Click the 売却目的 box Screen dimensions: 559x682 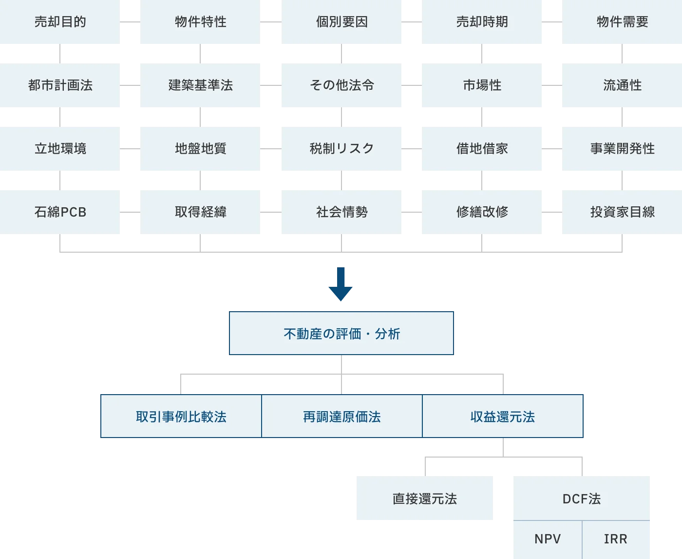60,22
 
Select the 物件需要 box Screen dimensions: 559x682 622,22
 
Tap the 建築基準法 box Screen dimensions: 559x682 201,85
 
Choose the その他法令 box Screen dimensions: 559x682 341,85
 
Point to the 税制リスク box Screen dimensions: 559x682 341,148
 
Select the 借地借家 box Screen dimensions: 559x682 481,148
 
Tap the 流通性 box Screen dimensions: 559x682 622,85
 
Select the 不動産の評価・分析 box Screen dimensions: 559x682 341,333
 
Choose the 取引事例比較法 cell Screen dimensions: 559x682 181,417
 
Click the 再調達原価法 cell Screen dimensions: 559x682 341,417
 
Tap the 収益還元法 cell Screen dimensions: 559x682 503,417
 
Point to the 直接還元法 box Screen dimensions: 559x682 425,499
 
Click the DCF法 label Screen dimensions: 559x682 581,499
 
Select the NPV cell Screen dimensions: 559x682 547,539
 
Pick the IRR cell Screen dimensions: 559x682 616,539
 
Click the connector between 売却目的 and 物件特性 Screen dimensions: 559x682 131,22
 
